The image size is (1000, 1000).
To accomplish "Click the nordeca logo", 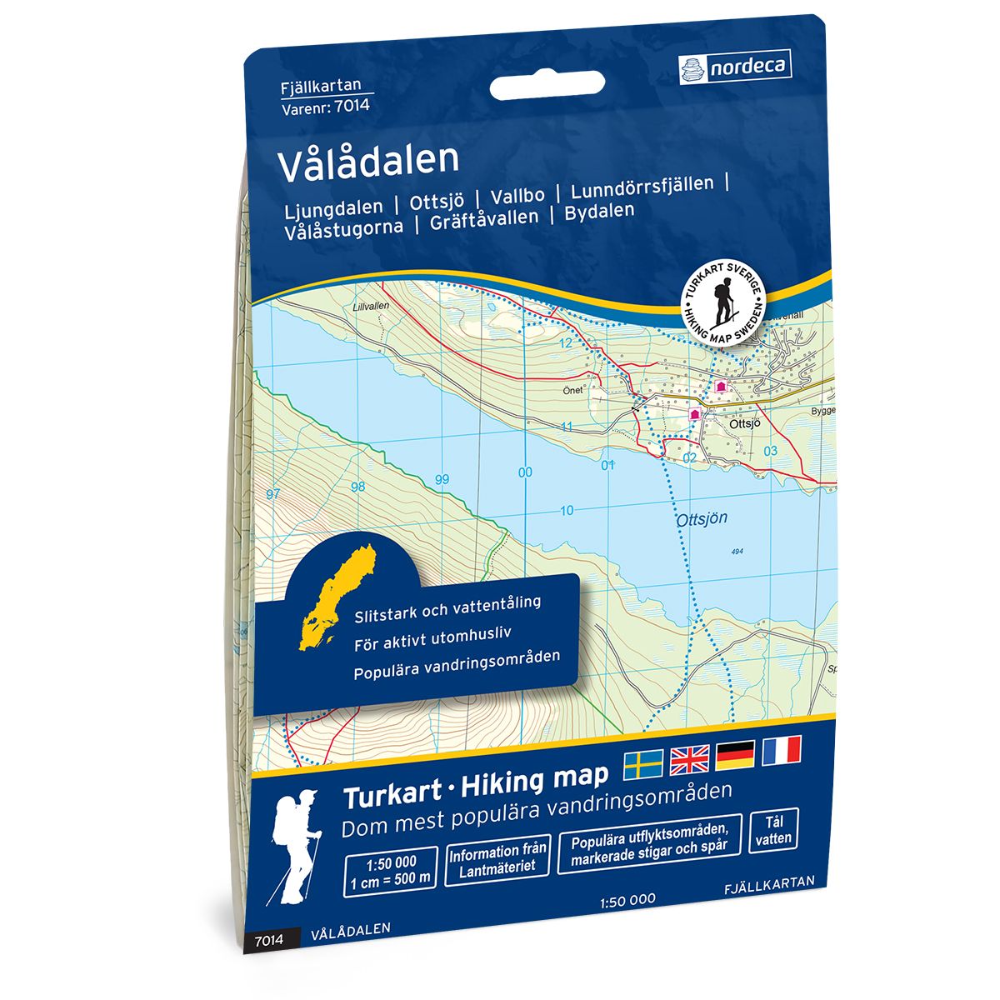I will (735, 65).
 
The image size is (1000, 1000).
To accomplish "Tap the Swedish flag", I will (643, 759).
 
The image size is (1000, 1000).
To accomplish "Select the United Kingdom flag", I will (689, 756).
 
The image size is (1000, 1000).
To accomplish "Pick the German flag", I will (735, 752).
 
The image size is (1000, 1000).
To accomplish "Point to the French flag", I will (781, 749).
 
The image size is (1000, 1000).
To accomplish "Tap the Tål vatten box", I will (774, 831).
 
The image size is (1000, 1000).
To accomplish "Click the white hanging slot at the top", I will (547, 86).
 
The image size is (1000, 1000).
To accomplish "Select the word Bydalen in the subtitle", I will (599, 212).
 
